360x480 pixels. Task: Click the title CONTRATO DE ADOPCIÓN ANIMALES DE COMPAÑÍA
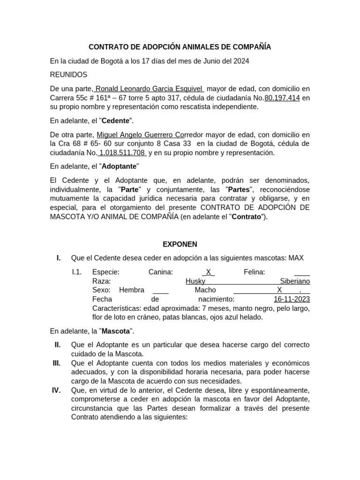tap(180, 47)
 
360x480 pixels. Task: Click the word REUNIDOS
tap(68, 75)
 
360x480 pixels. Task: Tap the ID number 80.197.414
tap(282, 98)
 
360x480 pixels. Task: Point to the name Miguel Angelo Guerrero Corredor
tap(145, 135)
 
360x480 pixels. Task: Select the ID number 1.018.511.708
tap(122, 153)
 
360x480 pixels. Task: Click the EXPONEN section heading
tap(180, 244)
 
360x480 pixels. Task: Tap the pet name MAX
tap(296, 258)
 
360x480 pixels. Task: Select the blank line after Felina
tap(302, 272)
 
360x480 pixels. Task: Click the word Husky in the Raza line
tap(195, 281)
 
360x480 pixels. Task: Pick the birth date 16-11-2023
tap(292, 299)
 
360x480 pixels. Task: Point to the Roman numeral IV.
tap(57, 390)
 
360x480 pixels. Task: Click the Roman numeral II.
tap(57, 345)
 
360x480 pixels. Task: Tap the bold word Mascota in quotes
tap(116, 331)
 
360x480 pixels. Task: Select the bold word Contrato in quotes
tap(247, 217)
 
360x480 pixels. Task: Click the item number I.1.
tap(77, 272)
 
